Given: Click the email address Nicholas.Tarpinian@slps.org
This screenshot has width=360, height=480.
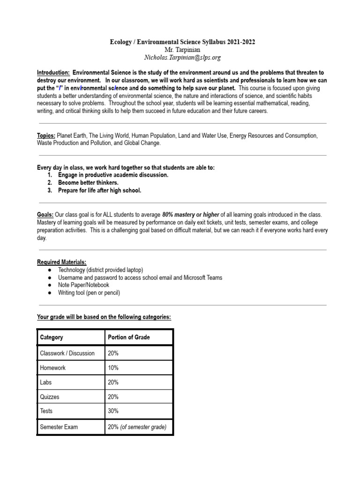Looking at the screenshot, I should pos(183,58).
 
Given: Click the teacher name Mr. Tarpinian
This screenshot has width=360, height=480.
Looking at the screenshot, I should pos(183,50).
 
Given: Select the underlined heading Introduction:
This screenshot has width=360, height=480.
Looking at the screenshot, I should pos(53,73).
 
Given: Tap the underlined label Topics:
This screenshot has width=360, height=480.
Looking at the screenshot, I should pos(46,136).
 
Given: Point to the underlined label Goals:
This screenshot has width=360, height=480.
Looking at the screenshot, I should pos(45,215).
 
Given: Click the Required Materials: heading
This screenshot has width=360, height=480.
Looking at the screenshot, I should pos(61,262).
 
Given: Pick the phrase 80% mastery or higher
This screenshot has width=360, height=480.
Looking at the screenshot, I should pos(191,215).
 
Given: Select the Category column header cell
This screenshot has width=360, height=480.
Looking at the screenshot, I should pos(52,337).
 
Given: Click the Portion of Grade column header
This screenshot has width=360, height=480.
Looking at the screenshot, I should pos(128,337).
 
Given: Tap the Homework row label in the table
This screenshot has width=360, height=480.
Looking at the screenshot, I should pos(53,368).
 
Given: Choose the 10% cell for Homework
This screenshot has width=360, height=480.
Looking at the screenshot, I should pos(113,368).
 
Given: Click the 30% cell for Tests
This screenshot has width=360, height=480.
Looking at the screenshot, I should pos(113,411).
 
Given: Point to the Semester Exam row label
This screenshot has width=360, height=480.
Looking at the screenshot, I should pos(59,427).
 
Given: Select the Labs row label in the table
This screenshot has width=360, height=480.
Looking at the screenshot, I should pos(46,382).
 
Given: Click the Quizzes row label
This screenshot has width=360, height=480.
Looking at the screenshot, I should pos(50,397).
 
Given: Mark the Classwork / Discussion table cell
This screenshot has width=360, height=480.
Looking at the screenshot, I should pos(67,353).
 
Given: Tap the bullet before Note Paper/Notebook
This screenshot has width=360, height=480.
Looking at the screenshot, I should pos(50,285).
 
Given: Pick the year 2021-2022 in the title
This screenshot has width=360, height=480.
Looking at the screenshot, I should pos(239,42).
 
